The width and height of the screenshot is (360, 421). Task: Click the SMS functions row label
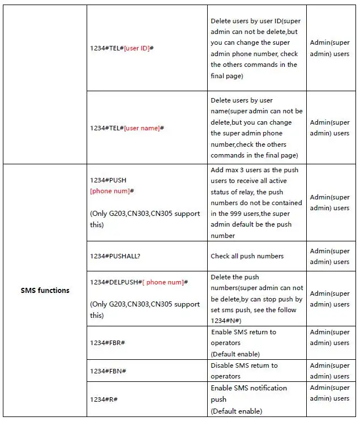pos(45,290)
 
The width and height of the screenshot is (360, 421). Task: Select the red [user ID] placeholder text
pos(136,48)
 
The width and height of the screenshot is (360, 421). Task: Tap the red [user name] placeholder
pos(142,128)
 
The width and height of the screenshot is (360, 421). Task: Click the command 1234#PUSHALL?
pos(115,256)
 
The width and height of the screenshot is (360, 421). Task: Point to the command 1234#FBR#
pos(108,343)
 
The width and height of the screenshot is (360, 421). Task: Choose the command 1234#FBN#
pos(108,371)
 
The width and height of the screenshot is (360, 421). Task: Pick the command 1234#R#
pos(104,399)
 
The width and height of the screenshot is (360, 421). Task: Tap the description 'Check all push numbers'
pos(247,256)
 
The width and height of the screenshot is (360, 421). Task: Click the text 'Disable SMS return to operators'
pos(244,371)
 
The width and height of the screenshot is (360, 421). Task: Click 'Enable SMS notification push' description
pos(248,393)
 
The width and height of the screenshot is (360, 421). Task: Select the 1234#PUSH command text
pos(108,180)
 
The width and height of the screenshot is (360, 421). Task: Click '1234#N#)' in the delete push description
pos(226,321)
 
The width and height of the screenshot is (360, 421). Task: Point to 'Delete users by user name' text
pos(242,106)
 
